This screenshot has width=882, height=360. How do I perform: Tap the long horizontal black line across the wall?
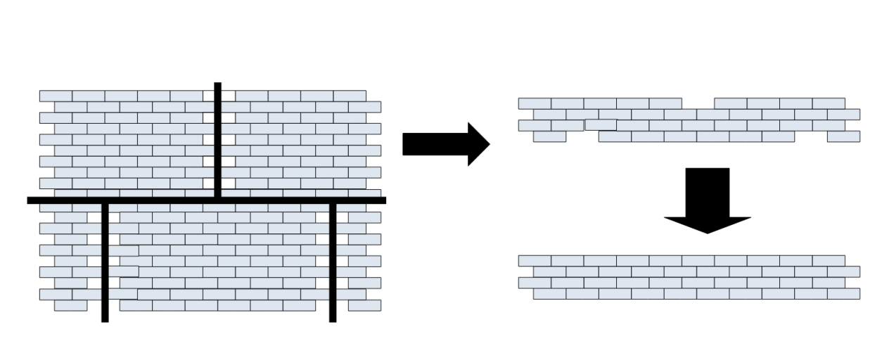pyautogui.click(x=206, y=200)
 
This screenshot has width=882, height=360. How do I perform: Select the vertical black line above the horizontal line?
pyautogui.click(x=217, y=140)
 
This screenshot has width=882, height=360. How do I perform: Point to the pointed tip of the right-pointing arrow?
pyautogui.click(x=488, y=144)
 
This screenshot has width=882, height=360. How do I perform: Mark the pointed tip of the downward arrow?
pyautogui.click(x=708, y=232)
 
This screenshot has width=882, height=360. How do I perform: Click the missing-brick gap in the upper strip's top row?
pyautogui.click(x=698, y=103)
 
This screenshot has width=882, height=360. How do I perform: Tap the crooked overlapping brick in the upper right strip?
pyautogui.click(x=601, y=124)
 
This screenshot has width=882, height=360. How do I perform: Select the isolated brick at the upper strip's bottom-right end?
pyautogui.click(x=843, y=136)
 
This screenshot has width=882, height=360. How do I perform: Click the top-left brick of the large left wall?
pyautogui.click(x=56, y=96)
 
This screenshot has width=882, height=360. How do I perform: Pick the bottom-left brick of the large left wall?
pyautogui.click(x=70, y=306)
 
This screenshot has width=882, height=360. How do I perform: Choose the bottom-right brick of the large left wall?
pyautogui.click(x=364, y=306)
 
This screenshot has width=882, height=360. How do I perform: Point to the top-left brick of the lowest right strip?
pyautogui.click(x=535, y=261)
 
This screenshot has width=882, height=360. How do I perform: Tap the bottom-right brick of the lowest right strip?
pyautogui.click(x=843, y=294)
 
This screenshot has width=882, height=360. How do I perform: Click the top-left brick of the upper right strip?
pyautogui.click(x=535, y=103)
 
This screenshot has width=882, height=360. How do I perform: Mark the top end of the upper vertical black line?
pyautogui.click(x=217, y=85)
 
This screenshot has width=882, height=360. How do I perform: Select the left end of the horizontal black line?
pyautogui.click(x=30, y=200)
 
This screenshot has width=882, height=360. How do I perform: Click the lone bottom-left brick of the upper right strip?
pyautogui.click(x=549, y=136)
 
